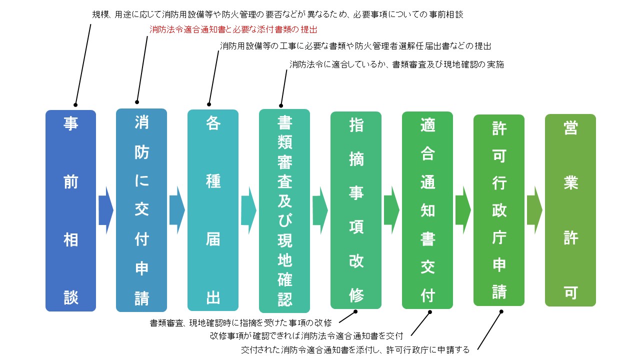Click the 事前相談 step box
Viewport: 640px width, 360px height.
pyautogui.click(x=70, y=210)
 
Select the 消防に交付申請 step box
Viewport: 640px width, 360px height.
pyautogui.click(x=141, y=210)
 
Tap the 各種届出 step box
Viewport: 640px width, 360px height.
pyautogui.click(x=213, y=210)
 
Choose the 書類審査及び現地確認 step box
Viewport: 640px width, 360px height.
pyautogui.click(x=284, y=211)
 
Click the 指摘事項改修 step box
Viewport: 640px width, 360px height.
pyautogui.click(x=356, y=210)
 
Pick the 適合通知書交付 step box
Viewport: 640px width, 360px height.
pyautogui.click(x=427, y=210)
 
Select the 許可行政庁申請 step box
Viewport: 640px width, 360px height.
pyautogui.click(x=499, y=210)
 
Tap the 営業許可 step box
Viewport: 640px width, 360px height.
pyautogui.click(x=570, y=210)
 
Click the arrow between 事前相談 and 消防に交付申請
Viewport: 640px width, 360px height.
pyautogui.click(x=106, y=210)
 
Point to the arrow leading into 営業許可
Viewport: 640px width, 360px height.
pyautogui.click(x=534, y=210)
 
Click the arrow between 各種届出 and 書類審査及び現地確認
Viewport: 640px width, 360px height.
pyautogui.click(x=248, y=210)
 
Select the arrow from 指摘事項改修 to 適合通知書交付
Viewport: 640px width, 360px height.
pyautogui.click(x=391, y=210)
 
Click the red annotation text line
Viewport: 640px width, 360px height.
pyautogui.click(x=233, y=29)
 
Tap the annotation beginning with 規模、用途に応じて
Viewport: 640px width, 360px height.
pyautogui.click(x=277, y=14)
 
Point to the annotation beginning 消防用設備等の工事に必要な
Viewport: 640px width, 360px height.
pyautogui.click(x=355, y=45)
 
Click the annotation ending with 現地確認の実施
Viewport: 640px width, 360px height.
pyautogui.click(x=396, y=64)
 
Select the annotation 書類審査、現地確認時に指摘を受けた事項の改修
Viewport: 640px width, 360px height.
pyautogui.click(x=240, y=323)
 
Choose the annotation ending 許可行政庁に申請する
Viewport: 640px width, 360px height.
pyautogui.click(x=355, y=349)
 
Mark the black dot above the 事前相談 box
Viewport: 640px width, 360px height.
pyautogui.click(x=75, y=105)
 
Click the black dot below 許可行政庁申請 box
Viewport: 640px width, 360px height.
pyautogui.click(x=501, y=311)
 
